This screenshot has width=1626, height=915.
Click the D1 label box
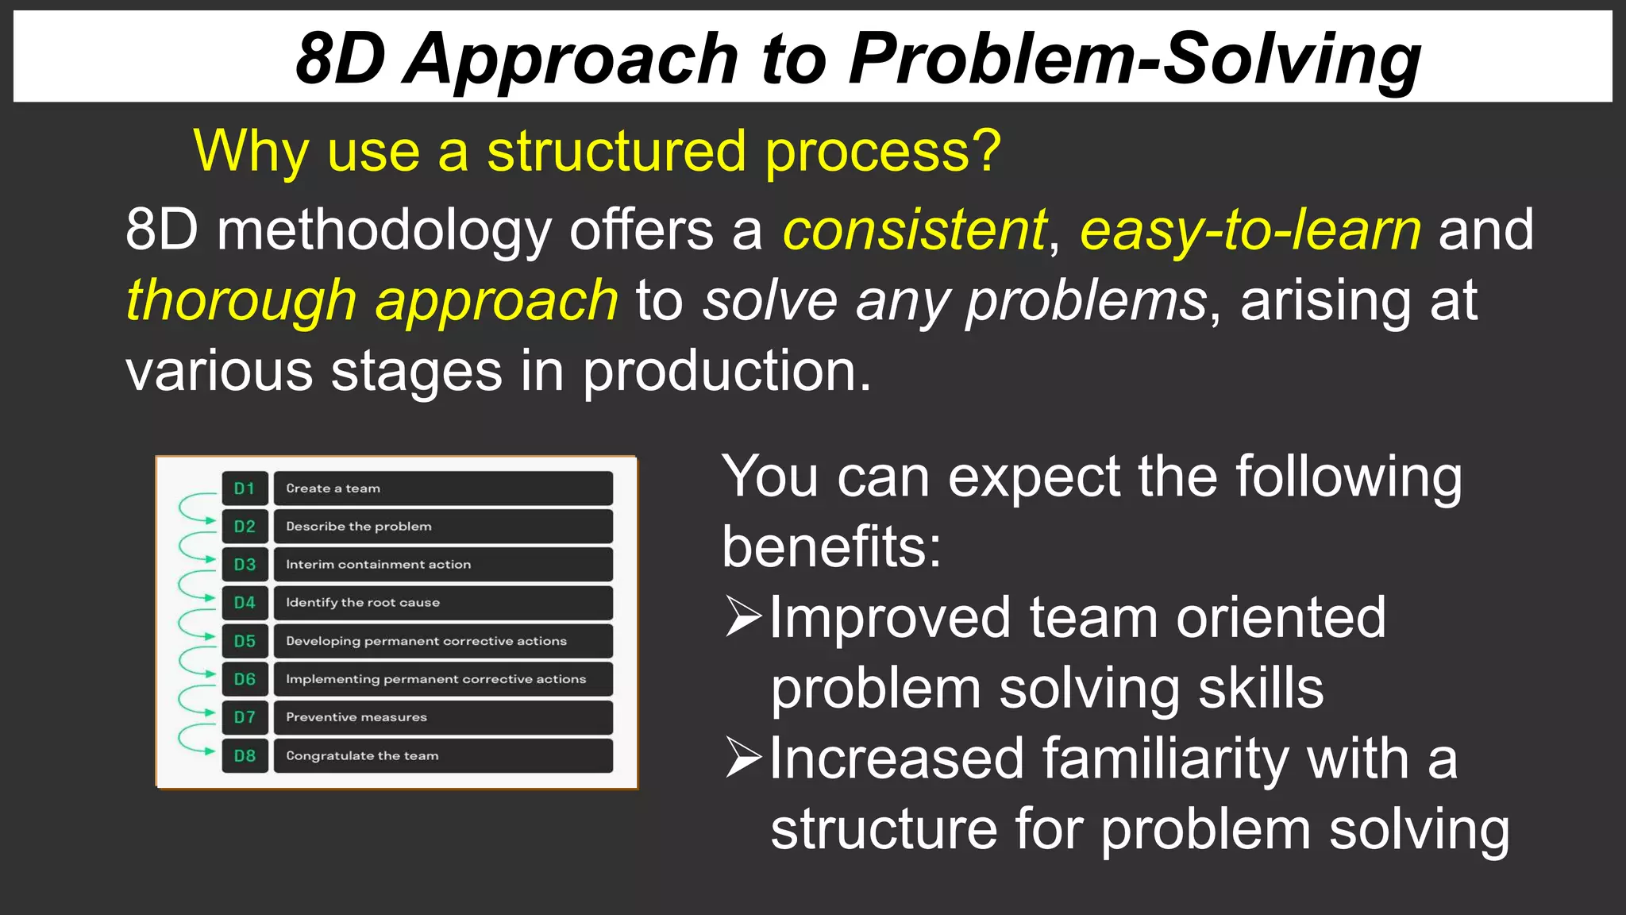click(245, 488)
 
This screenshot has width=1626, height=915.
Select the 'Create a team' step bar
click(443, 488)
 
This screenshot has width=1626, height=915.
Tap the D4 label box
click(245, 603)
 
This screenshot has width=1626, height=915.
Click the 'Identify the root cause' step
click(443, 603)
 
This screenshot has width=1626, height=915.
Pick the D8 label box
click(245, 755)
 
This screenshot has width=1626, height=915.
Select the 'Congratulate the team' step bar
click(443, 755)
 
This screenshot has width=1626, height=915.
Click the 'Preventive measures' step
click(443, 717)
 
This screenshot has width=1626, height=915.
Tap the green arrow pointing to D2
click(208, 521)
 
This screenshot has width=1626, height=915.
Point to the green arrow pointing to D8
click(208, 751)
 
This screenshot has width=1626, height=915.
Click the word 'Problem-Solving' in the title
click(1134, 59)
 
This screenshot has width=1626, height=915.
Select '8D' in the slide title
click(340, 59)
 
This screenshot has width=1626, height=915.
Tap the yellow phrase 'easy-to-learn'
click(1250, 230)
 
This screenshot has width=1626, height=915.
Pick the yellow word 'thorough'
click(241, 301)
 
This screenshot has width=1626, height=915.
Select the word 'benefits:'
click(830, 547)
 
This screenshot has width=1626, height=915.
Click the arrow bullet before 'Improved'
click(743, 618)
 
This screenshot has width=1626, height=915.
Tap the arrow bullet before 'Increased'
click(743, 758)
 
